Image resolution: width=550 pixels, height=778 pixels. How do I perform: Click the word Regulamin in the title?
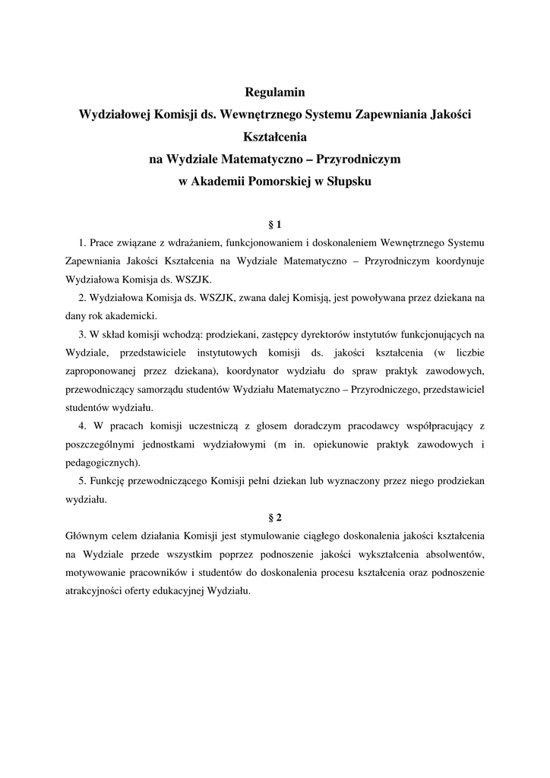point(274,93)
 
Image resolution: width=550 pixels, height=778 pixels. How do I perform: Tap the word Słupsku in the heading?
point(349,182)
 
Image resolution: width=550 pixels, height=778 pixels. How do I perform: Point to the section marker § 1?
point(275,225)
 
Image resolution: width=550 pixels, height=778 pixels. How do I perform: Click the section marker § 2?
point(275,517)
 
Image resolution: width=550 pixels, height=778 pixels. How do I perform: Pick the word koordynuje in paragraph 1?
point(460,261)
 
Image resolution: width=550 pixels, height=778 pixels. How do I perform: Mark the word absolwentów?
point(447,554)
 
